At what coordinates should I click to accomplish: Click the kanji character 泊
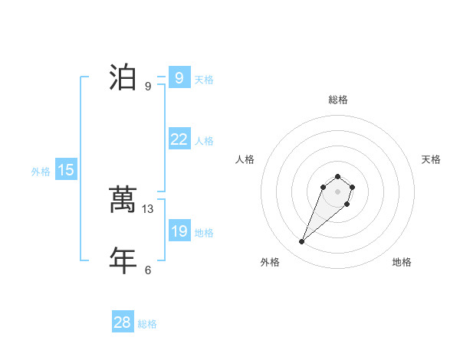tap(123, 77)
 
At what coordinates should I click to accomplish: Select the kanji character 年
tap(123, 260)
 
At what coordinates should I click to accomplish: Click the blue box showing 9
tap(179, 77)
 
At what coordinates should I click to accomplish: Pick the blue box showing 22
tap(179, 139)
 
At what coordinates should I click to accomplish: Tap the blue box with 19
tap(179, 231)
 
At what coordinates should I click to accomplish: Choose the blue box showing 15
tap(66, 170)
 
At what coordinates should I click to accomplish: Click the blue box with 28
tap(123, 322)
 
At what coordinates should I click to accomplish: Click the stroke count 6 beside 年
tap(148, 270)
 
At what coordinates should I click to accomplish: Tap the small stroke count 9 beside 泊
tap(148, 87)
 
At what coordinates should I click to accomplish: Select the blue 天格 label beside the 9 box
tap(204, 80)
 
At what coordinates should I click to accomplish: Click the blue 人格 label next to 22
tap(204, 142)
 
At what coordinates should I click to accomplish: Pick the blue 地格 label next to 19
tap(204, 233)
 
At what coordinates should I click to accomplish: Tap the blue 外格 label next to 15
tap(41, 172)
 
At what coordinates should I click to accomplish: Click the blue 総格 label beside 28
tap(147, 325)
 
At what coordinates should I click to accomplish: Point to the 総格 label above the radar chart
tap(337, 100)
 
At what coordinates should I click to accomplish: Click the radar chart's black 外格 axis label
tap(270, 262)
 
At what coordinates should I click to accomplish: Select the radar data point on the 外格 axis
tap(302, 242)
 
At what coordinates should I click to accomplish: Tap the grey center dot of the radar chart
tap(337, 191)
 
